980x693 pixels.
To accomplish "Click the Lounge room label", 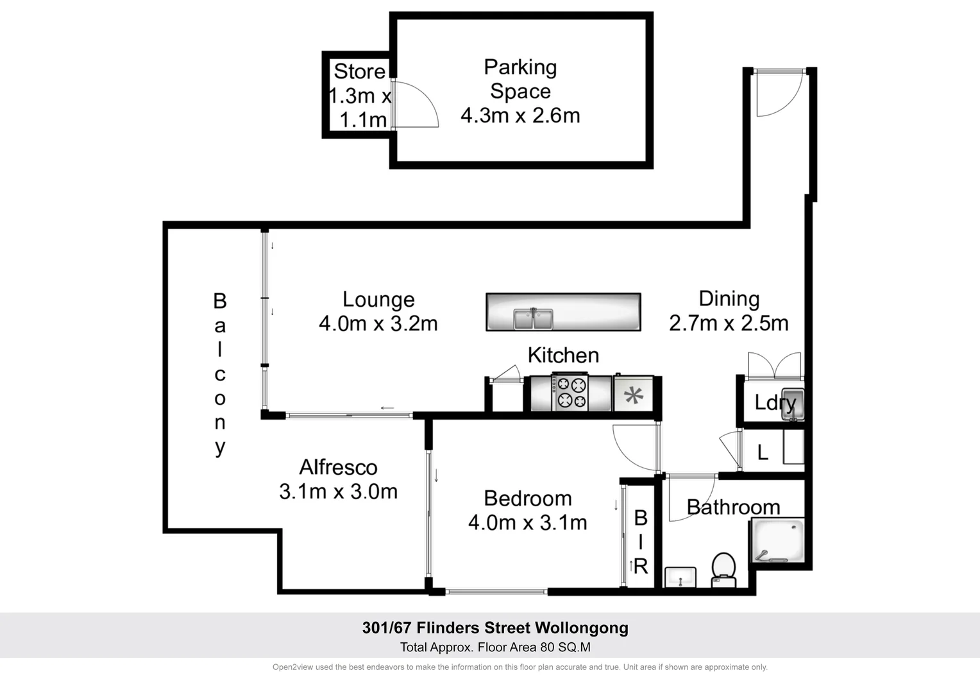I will pyautogui.click(x=378, y=300).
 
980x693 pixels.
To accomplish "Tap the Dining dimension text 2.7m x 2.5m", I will pyautogui.click(x=729, y=323).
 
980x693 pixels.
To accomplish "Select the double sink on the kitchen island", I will pyautogui.click(x=533, y=318).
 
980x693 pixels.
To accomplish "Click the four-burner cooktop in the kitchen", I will pyautogui.click(x=571, y=393).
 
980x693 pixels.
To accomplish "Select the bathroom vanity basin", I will pyautogui.click(x=680, y=577).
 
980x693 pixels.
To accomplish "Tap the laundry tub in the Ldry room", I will pyautogui.click(x=793, y=404).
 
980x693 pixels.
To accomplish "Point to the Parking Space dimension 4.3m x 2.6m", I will pyautogui.click(x=520, y=116).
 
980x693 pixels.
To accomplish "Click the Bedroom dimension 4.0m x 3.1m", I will pyautogui.click(x=527, y=522).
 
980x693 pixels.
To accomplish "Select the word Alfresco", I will pyautogui.click(x=338, y=467).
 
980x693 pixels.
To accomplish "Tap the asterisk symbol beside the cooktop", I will pyautogui.click(x=634, y=395).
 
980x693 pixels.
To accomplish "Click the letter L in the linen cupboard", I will pyautogui.click(x=763, y=453).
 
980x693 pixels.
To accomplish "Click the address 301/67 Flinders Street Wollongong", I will pyautogui.click(x=495, y=628).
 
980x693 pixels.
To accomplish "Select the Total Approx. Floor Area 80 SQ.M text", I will pyautogui.click(x=495, y=647).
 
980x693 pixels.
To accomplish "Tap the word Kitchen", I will pyautogui.click(x=563, y=355).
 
